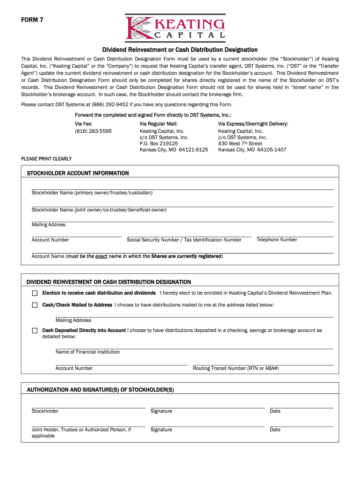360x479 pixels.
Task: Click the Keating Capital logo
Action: pyautogui.click(x=175, y=28)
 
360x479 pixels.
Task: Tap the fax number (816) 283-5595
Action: pyautogui.click(x=93, y=131)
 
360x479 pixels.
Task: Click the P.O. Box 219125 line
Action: pyautogui.click(x=158, y=144)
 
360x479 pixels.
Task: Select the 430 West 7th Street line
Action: pyautogui.click(x=240, y=144)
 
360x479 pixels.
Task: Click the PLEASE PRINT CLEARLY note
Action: pyautogui.click(x=46, y=159)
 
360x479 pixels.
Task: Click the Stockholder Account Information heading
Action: pyautogui.click(x=78, y=174)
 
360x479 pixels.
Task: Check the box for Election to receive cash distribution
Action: pyautogui.click(x=35, y=293)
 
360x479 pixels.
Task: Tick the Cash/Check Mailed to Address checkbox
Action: pyautogui.click(x=35, y=305)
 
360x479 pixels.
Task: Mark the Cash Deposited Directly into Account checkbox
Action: pyautogui.click(x=35, y=331)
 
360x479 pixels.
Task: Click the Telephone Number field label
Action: pyautogui.click(x=277, y=240)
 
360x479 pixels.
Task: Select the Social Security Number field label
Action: pyautogui.click(x=184, y=240)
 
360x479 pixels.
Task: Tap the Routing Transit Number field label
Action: pyautogui.click(x=236, y=369)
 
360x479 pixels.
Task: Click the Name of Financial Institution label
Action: pyautogui.click(x=87, y=352)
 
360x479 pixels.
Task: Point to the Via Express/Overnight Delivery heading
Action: pyautogui.click(x=253, y=124)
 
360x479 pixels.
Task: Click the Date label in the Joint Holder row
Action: pyautogui.click(x=275, y=430)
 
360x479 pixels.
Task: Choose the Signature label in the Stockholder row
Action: pyautogui.click(x=161, y=412)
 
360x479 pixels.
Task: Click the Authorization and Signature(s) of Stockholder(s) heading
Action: pyautogui.click(x=101, y=390)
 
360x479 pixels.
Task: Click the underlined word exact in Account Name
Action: pyautogui.click(x=101, y=256)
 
